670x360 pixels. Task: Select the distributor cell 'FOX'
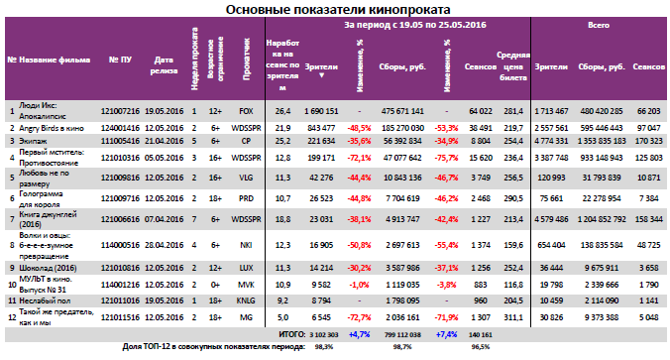247,112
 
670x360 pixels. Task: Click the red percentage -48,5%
359,128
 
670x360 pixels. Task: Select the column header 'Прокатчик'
247,59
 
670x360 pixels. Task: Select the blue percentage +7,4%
446,335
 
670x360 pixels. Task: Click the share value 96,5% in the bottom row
480,348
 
